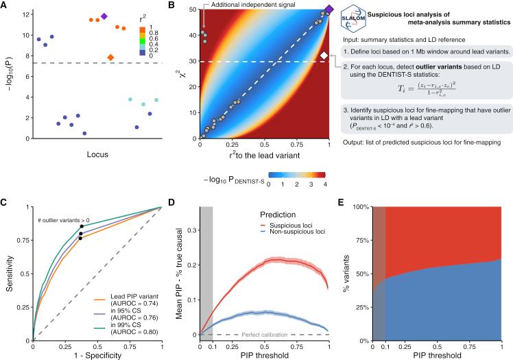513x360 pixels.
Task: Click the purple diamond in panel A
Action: tap(104, 16)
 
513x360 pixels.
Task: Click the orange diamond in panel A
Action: tap(110, 58)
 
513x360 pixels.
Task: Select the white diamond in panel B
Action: tap(324, 55)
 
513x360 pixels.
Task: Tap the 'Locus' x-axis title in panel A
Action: tap(85, 155)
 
